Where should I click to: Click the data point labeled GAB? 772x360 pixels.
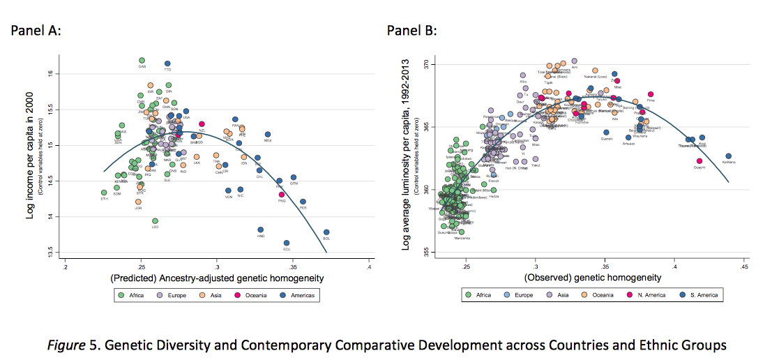pos(142,61)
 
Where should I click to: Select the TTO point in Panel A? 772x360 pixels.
pos(167,63)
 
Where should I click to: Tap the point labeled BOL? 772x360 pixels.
pos(326,232)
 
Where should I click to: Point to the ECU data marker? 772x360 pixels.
pos(287,243)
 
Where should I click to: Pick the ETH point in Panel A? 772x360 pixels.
pos(104,193)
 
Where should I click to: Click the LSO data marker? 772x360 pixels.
pos(155,221)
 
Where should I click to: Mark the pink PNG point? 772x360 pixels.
pos(282,195)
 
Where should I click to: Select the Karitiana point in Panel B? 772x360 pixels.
pos(729,156)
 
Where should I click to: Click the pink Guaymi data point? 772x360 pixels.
pos(699,161)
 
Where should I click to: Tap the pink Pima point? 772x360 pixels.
pos(651,94)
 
